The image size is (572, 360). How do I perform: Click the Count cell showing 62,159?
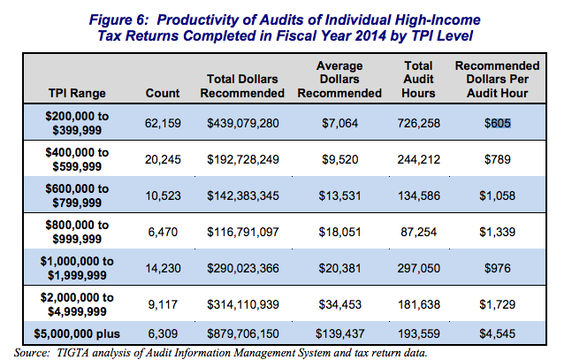point(162,124)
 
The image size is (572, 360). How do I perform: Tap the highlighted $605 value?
point(497,124)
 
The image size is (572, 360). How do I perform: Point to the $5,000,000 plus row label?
point(78,336)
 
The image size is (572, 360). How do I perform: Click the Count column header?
point(162,93)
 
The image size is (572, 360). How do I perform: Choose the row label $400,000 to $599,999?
point(78,160)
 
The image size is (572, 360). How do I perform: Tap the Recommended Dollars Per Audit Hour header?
point(497,80)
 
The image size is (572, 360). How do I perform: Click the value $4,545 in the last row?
point(497,336)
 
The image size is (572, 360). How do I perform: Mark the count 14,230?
point(162,266)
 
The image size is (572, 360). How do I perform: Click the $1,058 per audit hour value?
point(497,195)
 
